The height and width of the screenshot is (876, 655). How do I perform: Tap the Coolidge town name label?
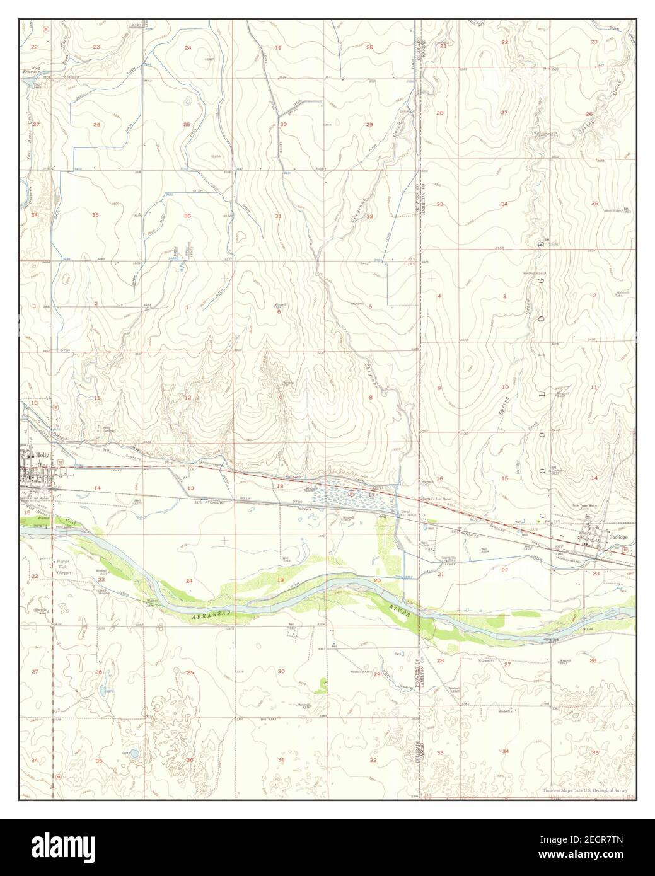coord(620,538)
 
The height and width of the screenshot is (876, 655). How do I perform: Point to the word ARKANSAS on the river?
coord(209,613)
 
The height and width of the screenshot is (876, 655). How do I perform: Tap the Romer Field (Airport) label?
coord(65,567)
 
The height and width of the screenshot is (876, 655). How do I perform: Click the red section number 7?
coord(278,398)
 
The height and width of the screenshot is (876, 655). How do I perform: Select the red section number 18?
coord(279,486)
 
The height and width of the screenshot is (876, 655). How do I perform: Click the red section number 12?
coord(187,398)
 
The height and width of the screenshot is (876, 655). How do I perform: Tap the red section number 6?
coord(278,311)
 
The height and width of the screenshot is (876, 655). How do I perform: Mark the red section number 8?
coord(371,397)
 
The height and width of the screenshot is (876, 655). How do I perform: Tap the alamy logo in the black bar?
coord(71,848)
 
